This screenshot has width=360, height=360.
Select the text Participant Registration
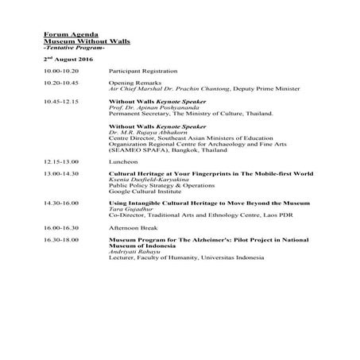(x=139, y=72)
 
